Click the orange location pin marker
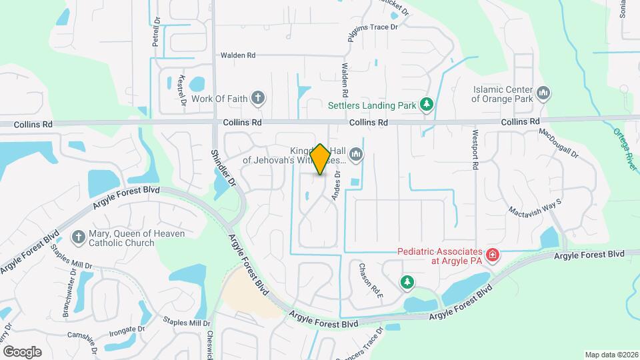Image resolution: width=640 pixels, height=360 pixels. (321, 159)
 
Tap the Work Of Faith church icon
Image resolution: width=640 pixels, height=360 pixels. (258, 99)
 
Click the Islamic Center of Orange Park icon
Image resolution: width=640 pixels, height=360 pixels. (543, 93)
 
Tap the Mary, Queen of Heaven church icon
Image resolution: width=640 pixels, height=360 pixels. (78, 237)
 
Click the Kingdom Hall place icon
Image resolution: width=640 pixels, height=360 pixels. (356, 155)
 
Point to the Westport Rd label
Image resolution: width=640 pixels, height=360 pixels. (476, 151)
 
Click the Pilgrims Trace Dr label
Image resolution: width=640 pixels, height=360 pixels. (373, 27)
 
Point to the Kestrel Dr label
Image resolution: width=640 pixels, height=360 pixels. (181, 89)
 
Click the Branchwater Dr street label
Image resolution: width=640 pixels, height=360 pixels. (69, 293)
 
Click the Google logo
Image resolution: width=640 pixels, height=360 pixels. (22, 351)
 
